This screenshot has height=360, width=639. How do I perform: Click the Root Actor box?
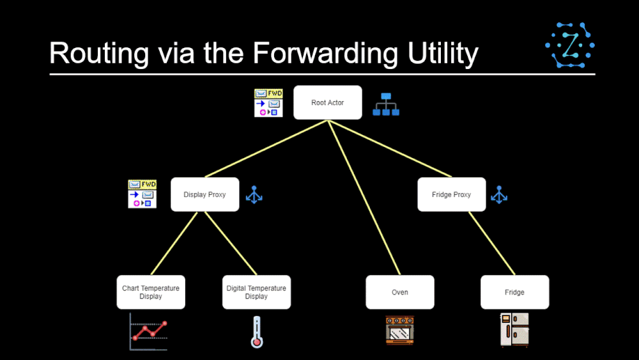[x=327, y=102]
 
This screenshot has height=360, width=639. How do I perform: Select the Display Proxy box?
[x=204, y=194]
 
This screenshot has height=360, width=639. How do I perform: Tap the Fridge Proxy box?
[x=452, y=194]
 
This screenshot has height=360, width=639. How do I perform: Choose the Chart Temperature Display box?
[x=151, y=292]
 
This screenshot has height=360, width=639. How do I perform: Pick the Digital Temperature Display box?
[x=256, y=292]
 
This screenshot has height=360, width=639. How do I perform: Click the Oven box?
[x=399, y=292]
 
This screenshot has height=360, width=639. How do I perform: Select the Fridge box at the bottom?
[x=514, y=292]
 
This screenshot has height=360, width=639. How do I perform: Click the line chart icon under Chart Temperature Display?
[x=148, y=332]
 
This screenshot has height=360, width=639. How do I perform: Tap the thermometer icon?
[x=257, y=332]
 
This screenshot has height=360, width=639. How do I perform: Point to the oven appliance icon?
[x=399, y=331]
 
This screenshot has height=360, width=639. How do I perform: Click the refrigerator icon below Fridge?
[x=514, y=331]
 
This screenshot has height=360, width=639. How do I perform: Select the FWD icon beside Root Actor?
[x=268, y=103]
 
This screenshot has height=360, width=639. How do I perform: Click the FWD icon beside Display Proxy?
[x=142, y=194]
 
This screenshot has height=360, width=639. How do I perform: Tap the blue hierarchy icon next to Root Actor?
[x=386, y=104]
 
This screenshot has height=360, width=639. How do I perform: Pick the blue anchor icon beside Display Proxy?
[x=254, y=195]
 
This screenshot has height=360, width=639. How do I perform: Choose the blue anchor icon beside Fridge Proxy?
[x=499, y=195]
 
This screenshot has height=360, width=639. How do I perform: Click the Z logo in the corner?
[x=569, y=45]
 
